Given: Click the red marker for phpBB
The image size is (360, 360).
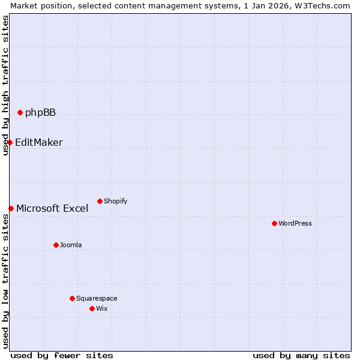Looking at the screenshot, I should [x=20, y=112].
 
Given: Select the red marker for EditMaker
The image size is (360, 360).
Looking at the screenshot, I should [x=10, y=142].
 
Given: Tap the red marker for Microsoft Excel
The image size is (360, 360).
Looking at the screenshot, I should [x=11, y=208].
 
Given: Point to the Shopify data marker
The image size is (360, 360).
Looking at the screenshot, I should [x=100, y=201].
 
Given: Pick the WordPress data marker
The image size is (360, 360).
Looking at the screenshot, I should [x=274, y=223].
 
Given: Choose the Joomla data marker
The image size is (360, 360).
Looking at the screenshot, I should [x=56, y=245].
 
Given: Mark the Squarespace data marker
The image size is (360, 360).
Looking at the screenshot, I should [x=72, y=298].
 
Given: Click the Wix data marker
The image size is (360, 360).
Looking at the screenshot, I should [x=92, y=308].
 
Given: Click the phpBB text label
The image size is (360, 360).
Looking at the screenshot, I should [x=40, y=112].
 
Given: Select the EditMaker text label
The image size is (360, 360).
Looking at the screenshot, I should [x=39, y=142].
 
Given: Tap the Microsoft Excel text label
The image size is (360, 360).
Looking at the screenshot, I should [x=52, y=208].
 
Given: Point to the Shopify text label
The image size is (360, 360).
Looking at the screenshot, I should [x=115, y=201].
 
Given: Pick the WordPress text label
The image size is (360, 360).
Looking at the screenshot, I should [x=295, y=223].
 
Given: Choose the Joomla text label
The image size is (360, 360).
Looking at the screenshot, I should [x=71, y=245].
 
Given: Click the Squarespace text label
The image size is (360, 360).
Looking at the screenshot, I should [x=97, y=298].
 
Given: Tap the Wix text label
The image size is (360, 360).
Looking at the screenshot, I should [x=102, y=308].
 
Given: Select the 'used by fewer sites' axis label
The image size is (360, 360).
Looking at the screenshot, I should [x=62, y=355].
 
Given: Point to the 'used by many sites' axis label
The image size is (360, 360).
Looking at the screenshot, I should [x=301, y=355].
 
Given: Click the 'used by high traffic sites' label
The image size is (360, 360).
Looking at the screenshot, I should [x=5, y=86].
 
